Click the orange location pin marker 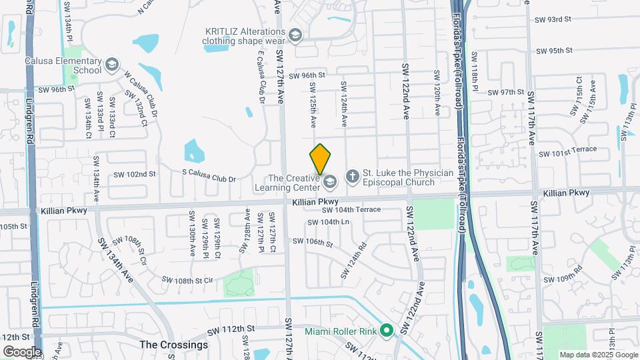(320, 159)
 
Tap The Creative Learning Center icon (329, 182)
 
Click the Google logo (21, 351)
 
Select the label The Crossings (174, 345)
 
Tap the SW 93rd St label (553, 19)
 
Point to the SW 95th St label (554, 51)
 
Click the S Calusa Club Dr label (209, 179)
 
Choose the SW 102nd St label (134, 174)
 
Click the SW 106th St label (313, 242)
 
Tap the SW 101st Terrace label (566, 152)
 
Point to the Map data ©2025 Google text (598, 355)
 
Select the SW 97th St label (507, 92)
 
